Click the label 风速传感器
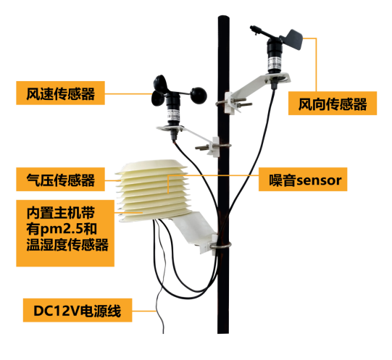point(60,93)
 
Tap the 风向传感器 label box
point(333,104)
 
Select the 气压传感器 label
point(60,179)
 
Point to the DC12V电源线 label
point(78,310)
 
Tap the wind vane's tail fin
point(293,38)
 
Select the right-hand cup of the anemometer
point(199,95)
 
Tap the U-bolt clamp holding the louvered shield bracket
point(221,246)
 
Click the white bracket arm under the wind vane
point(257,88)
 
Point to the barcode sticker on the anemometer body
point(173,116)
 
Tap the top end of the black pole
point(223,17)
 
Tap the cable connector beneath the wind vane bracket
point(274,83)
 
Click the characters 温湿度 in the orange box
point(47,245)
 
